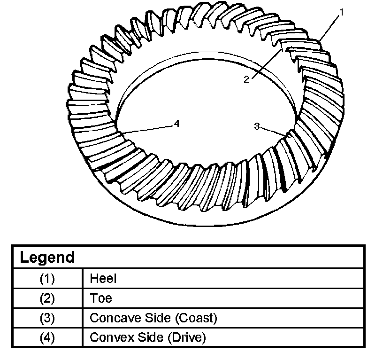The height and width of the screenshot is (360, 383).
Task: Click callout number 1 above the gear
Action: [x=341, y=13]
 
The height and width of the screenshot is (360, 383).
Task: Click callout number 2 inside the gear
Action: [x=246, y=79]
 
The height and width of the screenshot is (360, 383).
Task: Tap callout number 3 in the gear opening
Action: [x=257, y=126]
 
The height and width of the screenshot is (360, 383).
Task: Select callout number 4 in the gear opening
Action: [x=176, y=123]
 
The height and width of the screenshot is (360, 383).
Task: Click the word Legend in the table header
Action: [x=47, y=258]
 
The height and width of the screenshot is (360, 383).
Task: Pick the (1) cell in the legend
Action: [x=47, y=278]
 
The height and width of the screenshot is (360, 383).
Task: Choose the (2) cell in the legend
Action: [x=47, y=298]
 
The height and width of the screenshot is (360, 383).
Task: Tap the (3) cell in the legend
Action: [x=47, y=318]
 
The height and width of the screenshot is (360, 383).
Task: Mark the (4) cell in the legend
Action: [x=47, y=337]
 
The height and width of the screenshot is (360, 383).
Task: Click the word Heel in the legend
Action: [x=103, y=278]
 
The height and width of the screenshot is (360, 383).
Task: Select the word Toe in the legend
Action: [x=101, y=298]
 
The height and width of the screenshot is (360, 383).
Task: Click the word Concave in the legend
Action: [x=111, y=318]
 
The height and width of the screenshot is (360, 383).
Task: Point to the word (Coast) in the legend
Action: [x=197, y=318]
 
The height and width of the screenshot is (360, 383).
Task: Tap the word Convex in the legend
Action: [x=108, y=337]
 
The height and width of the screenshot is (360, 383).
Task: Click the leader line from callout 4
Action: [x=146, y=130]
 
